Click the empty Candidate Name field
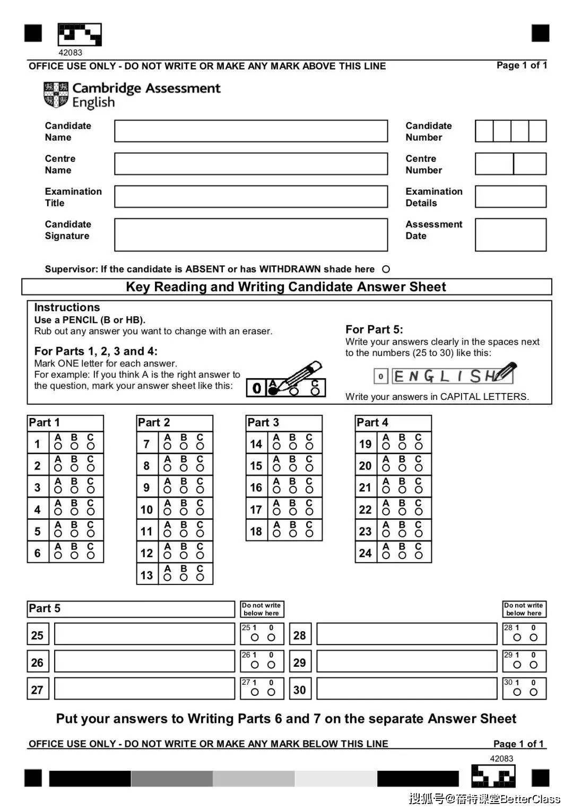pyautogui.click(x=251, y=131)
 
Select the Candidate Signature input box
pyautogui.click(x=251, y=234)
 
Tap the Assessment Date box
pyautogui.click(x=510, y=234)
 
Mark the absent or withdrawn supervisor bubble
pyautogui.click(x=386, y=269)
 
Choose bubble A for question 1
pyautogui.click(x=58, y=446)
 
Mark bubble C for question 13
pyautogui.click(x=200, y=577)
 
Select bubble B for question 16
pyautogui.click(x=293, y=490)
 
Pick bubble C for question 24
pyautogui.click(x=419, y=555)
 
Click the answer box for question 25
pyautogui.click(x=144, y=634)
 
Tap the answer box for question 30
pyautogui.click(x=406, y=689)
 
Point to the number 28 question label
pyautogui.click(x=300, y=635)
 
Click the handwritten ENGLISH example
pyautogui.click(x=445, y=376)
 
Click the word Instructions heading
pyautogui.click(x=67, y=308)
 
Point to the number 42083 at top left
pyautogui.click(x=70, y=53)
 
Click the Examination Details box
pyautogui.click(x=510, y=197)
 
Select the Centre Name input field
pyautogui.click(x=251, y=164)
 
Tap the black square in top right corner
pyautogui.click(x=540, y=33)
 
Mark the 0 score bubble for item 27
pyautogui.click(x=271, y=692)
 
